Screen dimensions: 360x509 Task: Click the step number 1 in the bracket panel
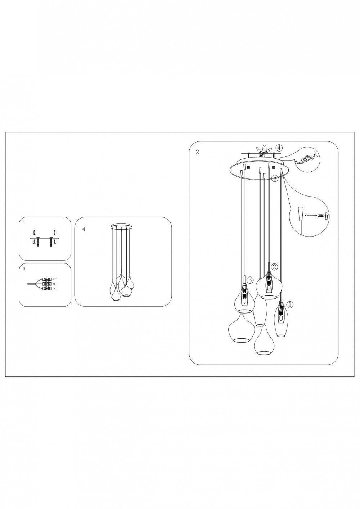pos(24,223)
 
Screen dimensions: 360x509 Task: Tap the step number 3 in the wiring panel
pos(24,269)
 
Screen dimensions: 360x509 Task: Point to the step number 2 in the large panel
pos(197,152)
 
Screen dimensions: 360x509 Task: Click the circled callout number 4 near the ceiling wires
pos(279,148)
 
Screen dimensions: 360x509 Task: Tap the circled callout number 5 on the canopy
pos(275,179)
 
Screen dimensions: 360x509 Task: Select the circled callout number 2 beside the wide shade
pos(274,267)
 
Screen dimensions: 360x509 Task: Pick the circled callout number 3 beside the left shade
pos(250,280)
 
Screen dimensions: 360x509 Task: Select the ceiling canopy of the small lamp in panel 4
pos(121,227)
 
